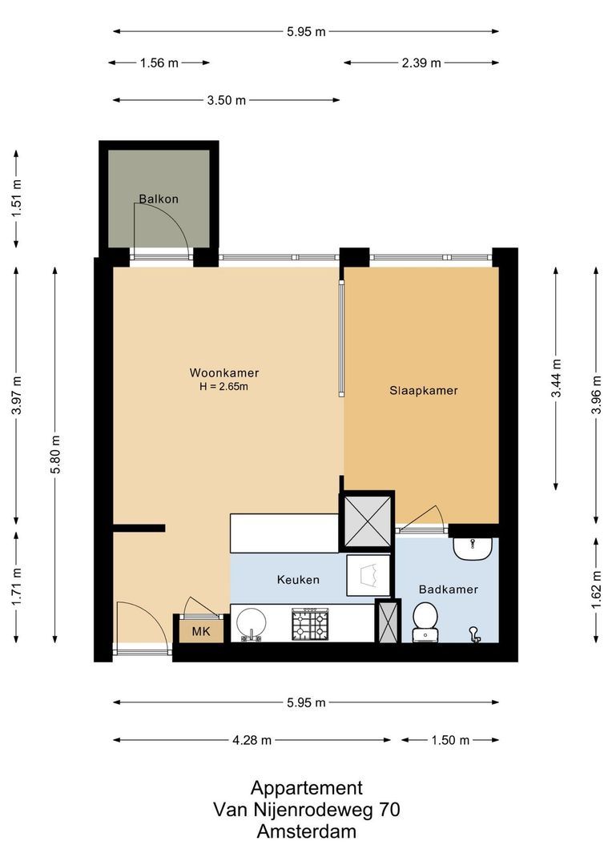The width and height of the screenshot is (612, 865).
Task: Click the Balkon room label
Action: coord(159,199)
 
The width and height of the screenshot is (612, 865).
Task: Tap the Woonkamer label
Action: coord(223,372)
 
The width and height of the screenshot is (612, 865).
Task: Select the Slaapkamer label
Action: coord(424,391)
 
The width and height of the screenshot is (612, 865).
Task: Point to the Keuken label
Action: coord(298,580)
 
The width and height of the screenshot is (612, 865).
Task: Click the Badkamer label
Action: coord(448,589)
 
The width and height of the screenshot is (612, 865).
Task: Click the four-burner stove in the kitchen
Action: coord(310,624)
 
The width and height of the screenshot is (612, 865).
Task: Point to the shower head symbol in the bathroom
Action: coord(475,634)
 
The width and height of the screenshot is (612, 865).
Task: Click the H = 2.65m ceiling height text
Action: coord(223,387)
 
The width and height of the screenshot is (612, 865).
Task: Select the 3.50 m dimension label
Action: coord(226,100)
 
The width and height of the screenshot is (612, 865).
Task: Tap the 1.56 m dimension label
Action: coord(159,62)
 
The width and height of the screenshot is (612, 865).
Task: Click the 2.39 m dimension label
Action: coord(421,62)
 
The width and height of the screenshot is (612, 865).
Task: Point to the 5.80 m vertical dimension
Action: coord(55,454)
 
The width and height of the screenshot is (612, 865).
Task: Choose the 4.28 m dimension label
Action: coord(252,740)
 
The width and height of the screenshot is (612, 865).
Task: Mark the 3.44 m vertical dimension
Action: coord(556,378)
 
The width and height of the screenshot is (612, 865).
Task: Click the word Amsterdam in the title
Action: coord(306,831)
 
